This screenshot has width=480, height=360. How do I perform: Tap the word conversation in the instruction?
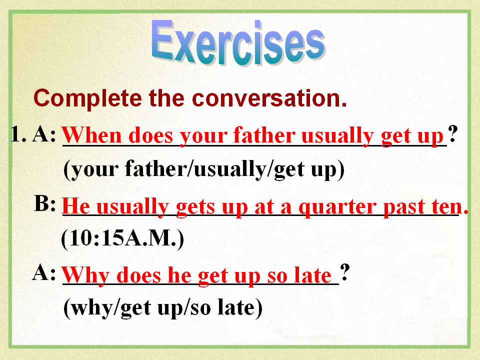(x=269, y=98)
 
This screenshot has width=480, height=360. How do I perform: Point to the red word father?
(x=264, y=135)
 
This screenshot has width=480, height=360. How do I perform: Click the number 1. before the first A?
(x=18, y=134)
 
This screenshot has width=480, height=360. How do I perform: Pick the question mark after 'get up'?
(x=453, y=134)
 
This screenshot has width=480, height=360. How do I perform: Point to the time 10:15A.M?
(x=123, y=238)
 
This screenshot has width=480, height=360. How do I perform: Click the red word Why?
(x=85, y=275)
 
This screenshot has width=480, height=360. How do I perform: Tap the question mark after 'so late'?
(x=344, y=272)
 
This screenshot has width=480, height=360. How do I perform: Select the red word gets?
(x=195, y=207)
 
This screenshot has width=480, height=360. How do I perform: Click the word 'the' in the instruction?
(x=167, y=98)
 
